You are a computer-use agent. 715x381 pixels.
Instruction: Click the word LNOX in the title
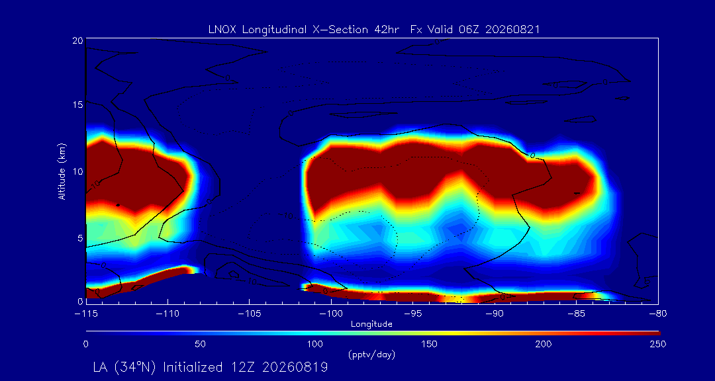tap(222, 30)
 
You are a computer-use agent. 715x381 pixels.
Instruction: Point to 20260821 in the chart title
tap(512, 30)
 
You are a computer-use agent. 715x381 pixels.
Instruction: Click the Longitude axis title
tap(371, 324)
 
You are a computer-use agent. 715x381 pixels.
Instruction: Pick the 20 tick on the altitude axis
tap(77, 40)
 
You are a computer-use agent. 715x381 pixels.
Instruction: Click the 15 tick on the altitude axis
tap(77, 105)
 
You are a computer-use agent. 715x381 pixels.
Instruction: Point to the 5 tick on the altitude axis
tap(80, 237)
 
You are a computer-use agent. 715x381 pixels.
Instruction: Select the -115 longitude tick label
tap(85, 314)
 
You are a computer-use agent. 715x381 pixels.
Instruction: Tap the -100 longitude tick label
tap(331, 314)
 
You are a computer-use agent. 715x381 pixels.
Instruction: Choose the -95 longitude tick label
tap(412, 314)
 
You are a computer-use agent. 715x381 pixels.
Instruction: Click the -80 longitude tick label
tap(658, 314)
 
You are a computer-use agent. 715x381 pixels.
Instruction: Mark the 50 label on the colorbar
tap(201, 344)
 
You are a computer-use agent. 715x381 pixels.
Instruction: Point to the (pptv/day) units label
tap(371, 355)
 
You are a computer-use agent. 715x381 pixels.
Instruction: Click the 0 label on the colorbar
tap(85, 344)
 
